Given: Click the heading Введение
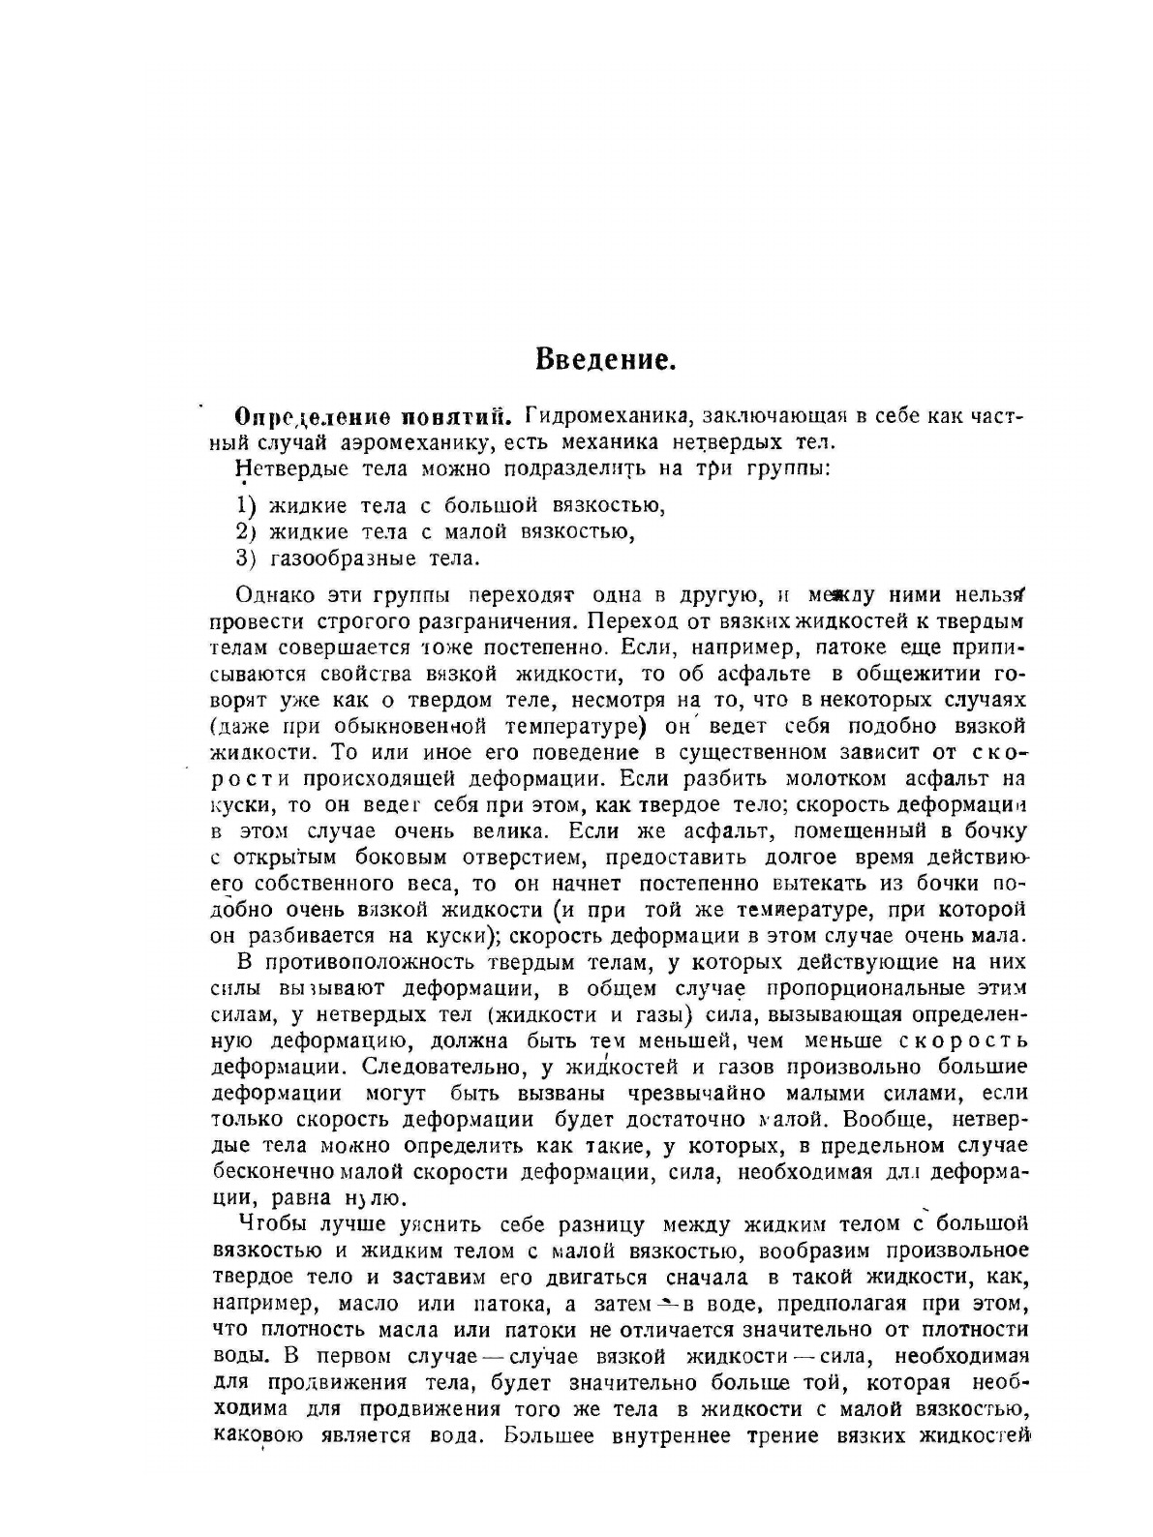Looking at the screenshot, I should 604,362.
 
